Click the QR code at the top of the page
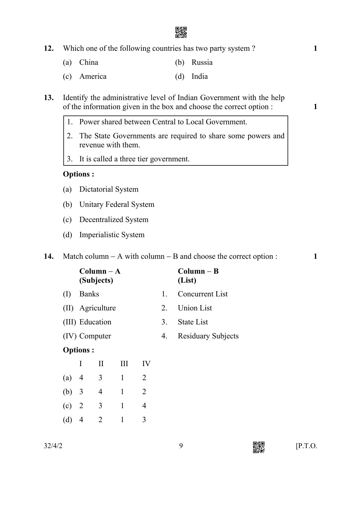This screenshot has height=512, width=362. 181,32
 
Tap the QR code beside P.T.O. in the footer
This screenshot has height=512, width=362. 259,447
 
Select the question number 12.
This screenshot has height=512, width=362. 49,48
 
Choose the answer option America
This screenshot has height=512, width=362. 93,76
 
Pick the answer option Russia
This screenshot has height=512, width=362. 202,62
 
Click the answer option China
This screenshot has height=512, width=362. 89,62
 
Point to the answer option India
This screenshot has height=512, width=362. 200,76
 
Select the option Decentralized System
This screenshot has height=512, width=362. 114,220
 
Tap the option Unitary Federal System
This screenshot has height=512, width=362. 117,205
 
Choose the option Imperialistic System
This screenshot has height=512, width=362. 112,235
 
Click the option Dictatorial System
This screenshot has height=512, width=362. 109,189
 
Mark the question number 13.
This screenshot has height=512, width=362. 49,98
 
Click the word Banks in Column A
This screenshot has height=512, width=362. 89,294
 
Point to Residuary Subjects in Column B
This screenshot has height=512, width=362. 208,336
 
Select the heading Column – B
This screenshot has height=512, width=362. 198,271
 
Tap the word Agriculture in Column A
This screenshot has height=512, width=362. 98,308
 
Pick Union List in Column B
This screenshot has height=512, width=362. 195,308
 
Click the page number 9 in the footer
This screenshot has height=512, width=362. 181,446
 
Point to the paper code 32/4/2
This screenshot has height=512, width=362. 53,446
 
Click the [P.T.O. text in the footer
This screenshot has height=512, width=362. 306,446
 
